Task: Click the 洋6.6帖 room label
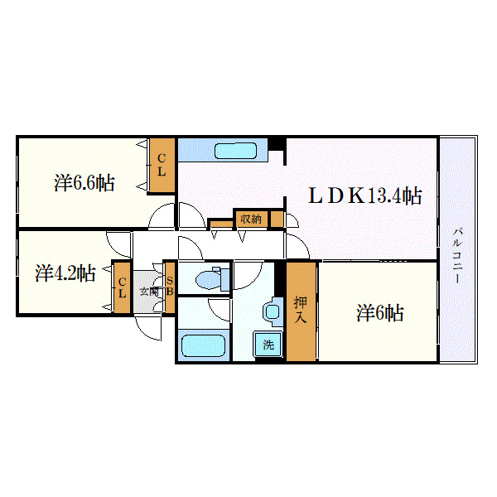[x=84, y=183]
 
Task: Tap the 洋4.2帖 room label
[x=65, y=273]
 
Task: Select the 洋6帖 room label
[x=380, y=313]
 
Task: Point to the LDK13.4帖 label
[x=365, y=196]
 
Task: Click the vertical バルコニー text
[x=457, y=255]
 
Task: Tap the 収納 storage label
[x=250, y=219]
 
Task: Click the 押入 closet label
[x=301, y=311]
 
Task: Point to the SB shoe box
[x=169, y=287]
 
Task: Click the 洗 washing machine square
[x=268, y=345]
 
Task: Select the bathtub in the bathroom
[x=204, y=345]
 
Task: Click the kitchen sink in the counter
[x=237, y=151]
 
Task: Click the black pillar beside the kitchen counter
[x=280, y=144]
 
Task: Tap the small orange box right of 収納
[x=277, y=220]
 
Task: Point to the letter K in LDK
[x=356, y=196]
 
